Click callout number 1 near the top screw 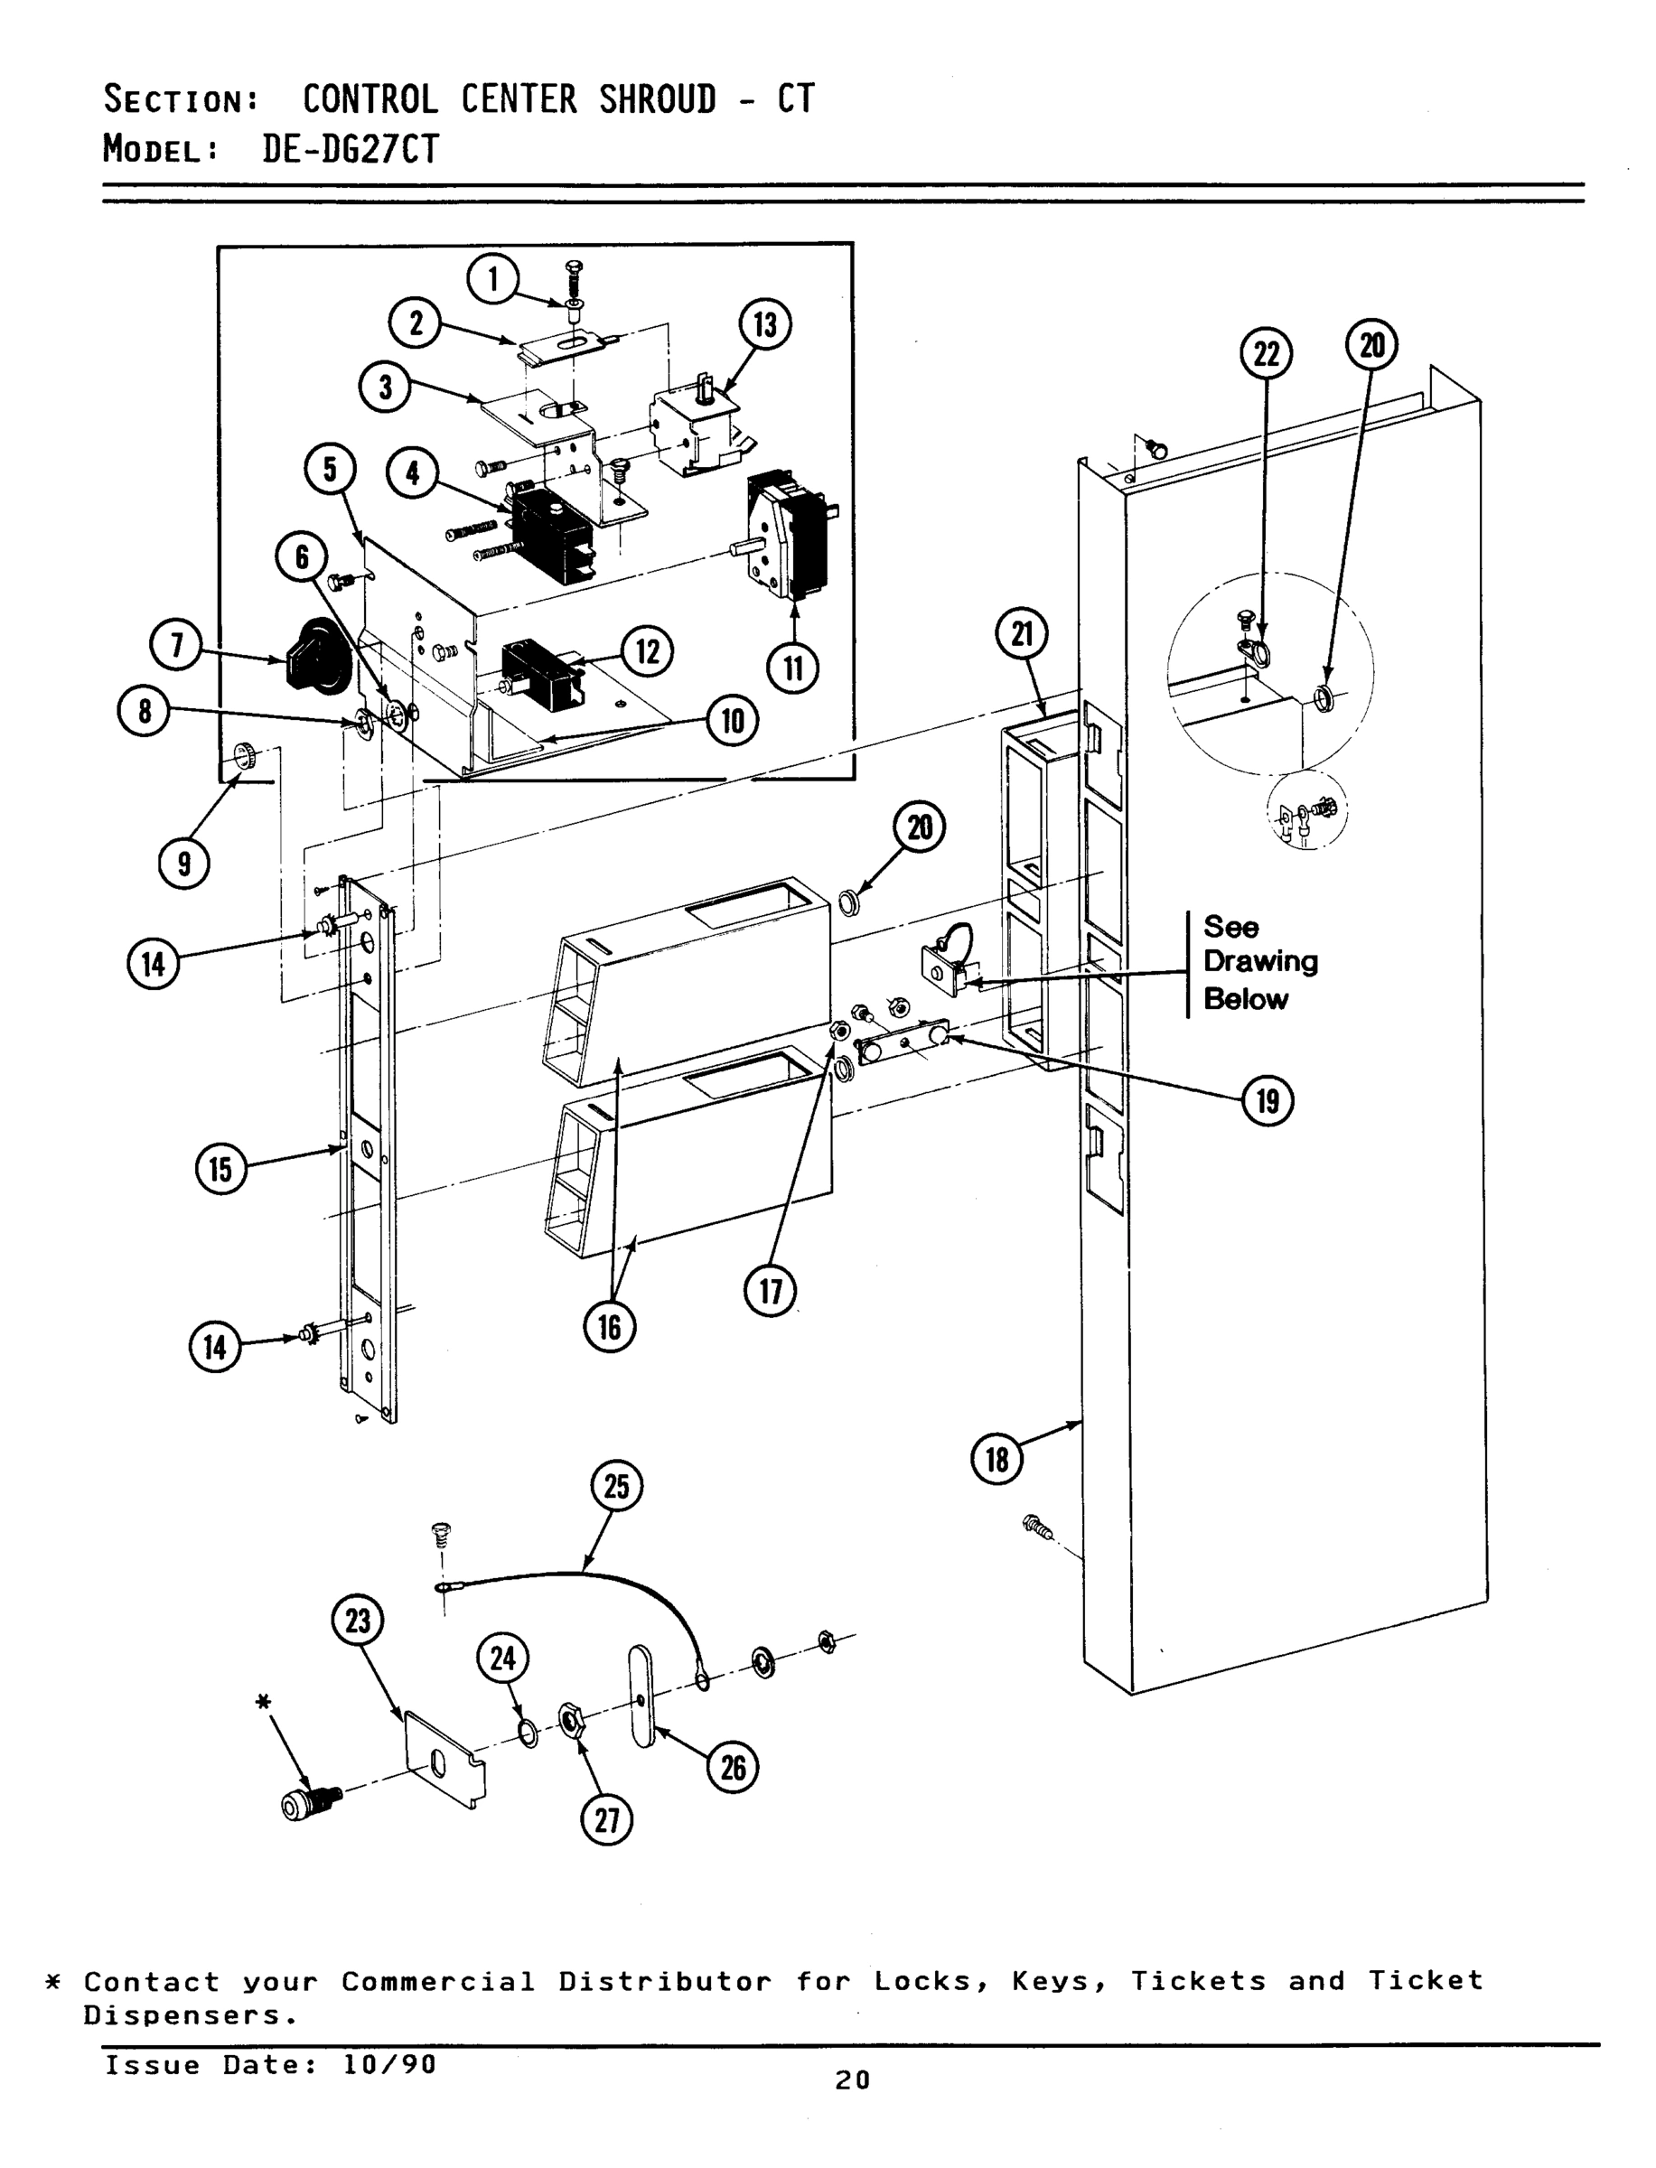point(493,280)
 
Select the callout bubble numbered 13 point(765,325)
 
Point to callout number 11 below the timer point(792,669)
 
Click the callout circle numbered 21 point(1022,633)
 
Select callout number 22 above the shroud point(1266,354)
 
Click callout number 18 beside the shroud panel point(997,1459)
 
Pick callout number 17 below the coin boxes point(770,1291)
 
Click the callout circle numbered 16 point(609,1327)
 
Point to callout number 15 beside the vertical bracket point(220,1170)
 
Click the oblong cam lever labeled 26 point(641,1696)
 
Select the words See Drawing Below point(1258,963)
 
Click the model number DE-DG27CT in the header point(350,150)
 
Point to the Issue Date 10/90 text point(270,2064)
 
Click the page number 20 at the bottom point(852,2080)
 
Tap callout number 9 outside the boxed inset point(184,864)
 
